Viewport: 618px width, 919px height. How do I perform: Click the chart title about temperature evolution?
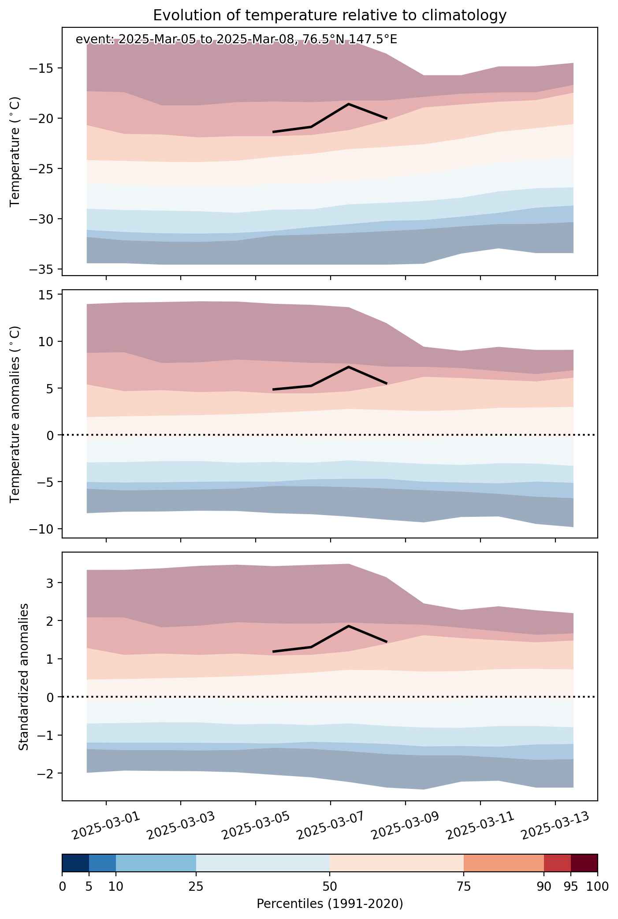(330, 15)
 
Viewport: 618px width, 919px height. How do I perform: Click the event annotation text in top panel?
(236, 39)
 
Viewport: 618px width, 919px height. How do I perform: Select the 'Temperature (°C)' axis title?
(15, 151)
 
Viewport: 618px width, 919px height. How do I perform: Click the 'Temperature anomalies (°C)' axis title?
(15, 414)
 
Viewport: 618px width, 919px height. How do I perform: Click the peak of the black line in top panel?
(349, 104)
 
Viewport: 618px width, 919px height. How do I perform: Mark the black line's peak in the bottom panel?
(349, 626)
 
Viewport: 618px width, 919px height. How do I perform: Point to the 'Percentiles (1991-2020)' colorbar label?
(330, 904)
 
